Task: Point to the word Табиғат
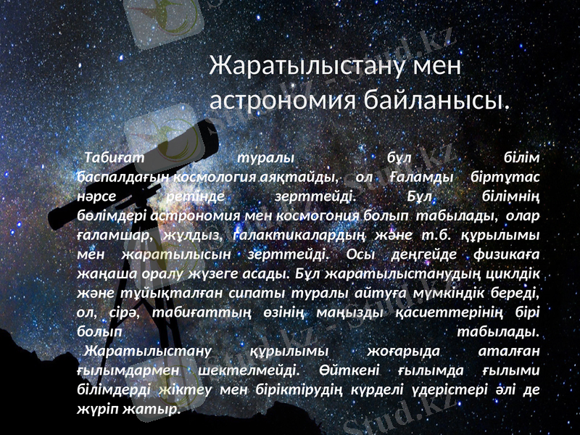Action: coord(115,157)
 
